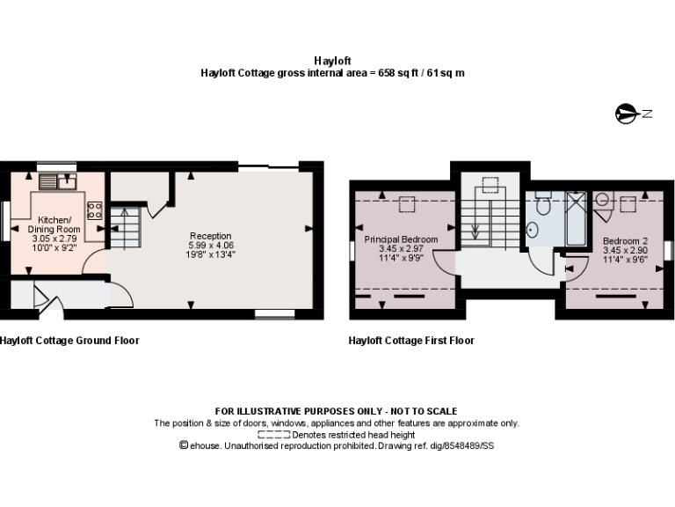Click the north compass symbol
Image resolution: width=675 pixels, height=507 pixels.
(x=628, y=113)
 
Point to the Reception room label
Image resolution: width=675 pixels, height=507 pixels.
(x=211, y=236)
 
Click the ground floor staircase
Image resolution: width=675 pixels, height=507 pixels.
(x=125, y=226)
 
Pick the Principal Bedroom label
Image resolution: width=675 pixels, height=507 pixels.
(x=401, y=239)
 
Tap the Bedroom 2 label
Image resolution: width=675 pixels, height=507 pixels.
(x=625, y=239)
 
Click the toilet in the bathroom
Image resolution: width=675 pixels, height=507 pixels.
(x=542, y=205)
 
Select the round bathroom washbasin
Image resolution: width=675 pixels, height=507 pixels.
(x=533, y=230)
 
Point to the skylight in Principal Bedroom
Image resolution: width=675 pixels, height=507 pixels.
(x=406, y=204)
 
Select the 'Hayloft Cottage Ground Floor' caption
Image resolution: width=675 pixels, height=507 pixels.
(x=69, y=341)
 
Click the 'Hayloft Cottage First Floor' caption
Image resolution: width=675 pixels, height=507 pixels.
(x=411, y=341)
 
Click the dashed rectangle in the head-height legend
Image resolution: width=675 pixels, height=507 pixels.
(x=273, y=435)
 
